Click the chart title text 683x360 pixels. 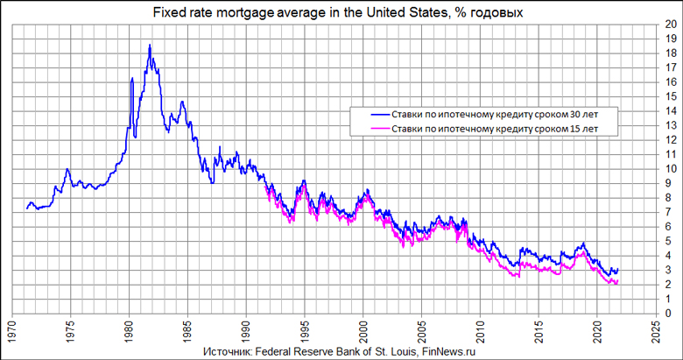[341, 11]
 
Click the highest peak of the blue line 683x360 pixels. [150, 45]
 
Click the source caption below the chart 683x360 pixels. [341, 349]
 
